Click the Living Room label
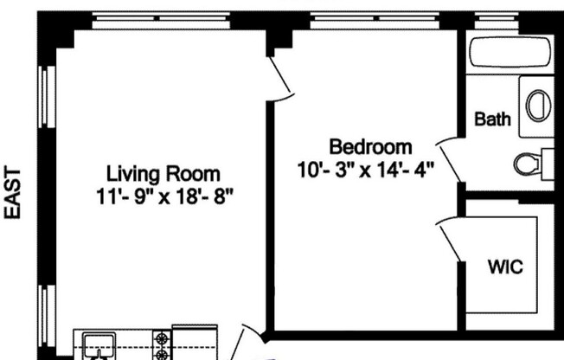163,172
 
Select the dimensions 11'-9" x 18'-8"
165,195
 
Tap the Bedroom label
369,146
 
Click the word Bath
492,119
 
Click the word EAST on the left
14,194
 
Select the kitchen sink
96,344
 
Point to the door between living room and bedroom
280,76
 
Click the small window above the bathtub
511,16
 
